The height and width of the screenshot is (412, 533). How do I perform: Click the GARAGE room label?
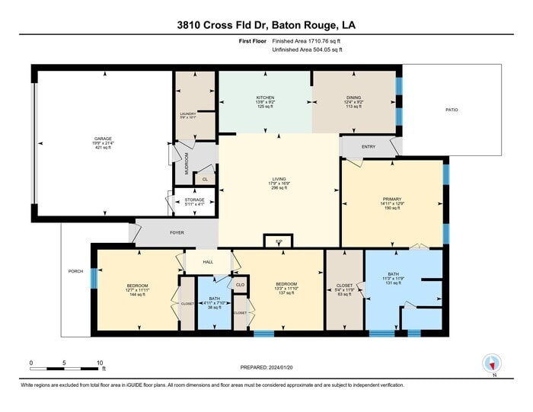click(103, 139)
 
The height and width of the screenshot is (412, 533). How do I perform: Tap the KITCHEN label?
click(265, 98)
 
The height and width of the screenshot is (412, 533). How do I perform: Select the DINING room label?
click(354, 98)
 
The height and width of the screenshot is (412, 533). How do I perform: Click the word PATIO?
click(452, 110)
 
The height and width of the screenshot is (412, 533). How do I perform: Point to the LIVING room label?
click(279, 180)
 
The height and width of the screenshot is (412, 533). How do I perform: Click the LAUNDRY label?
click(187, 114)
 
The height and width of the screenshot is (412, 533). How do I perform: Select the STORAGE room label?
click(196, 200)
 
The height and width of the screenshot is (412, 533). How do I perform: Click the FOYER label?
click(177, 233)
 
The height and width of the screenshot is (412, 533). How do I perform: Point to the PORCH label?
click(75, 271)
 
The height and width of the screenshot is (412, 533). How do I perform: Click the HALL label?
click(208, 262)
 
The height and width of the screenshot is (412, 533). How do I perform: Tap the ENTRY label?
click(369, 146)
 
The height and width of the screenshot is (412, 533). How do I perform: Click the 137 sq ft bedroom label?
click(286, 286)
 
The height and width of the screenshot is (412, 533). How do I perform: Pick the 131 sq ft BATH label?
click(393, 274)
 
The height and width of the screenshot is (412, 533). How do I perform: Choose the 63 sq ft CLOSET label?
click(345, 286)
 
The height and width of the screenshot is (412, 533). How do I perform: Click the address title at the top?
click(266, 26)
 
